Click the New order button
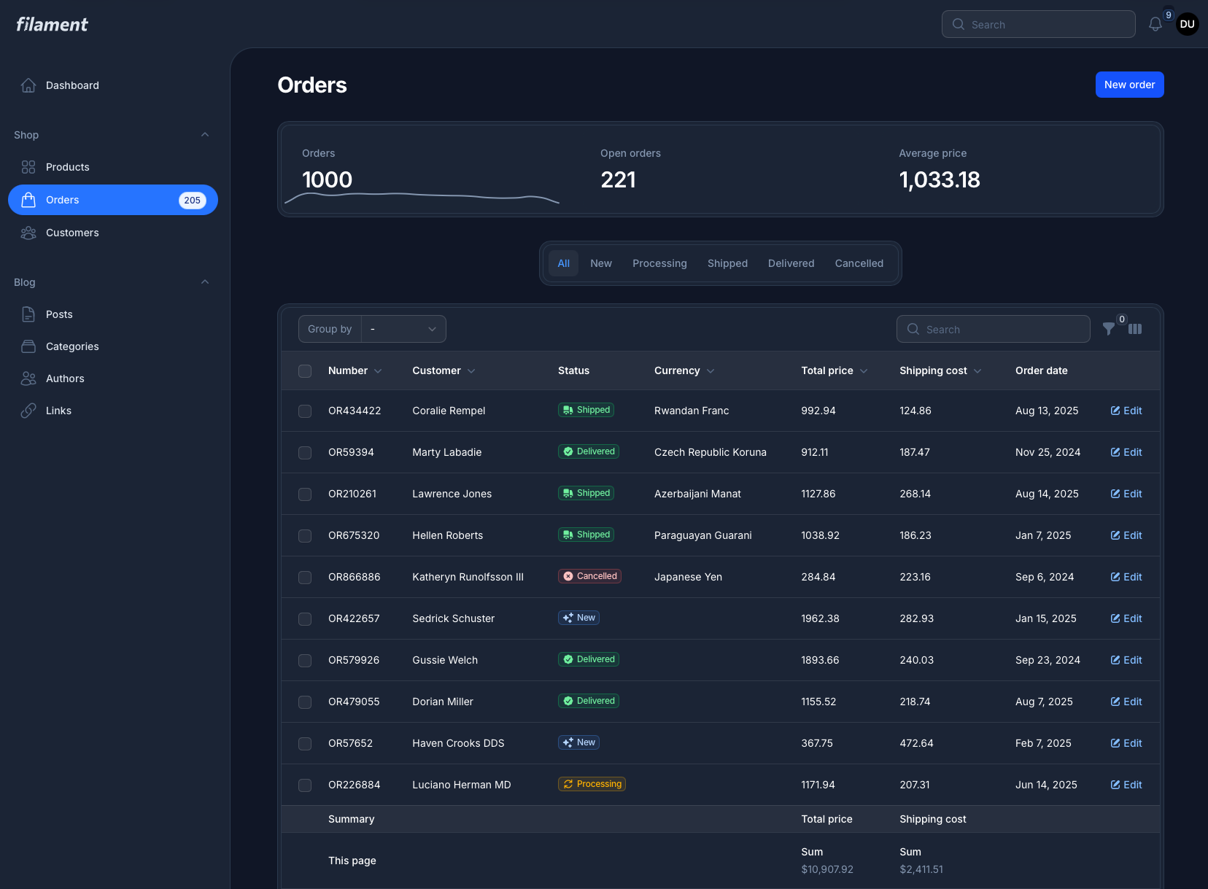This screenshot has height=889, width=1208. [x=1129, y=85]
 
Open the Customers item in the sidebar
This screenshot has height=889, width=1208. [x=72, y=233]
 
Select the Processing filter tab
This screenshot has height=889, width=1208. [x=659, y=263]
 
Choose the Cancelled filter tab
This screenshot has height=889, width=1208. [x=859, y=263]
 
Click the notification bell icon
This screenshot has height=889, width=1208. [x=1155, y=25]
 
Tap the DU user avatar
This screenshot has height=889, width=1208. [x=1187, y=24]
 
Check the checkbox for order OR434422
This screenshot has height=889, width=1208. [x=305, y=411]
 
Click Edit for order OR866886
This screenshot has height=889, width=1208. [x=1126, y=577]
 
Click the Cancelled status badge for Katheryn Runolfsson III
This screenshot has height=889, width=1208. [x=589, y=576]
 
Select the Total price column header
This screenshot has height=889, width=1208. [x=827, y=370]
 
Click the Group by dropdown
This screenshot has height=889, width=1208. [x=403, y=329]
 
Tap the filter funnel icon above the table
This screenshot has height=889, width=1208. [x=1108, y=329]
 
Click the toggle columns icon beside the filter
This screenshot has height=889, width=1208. [x=1135, y=329]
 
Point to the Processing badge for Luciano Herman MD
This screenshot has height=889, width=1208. [x=592, y=784]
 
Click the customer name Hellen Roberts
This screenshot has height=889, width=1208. [x=447, y=535]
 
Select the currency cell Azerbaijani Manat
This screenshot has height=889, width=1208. [x=697, y=494]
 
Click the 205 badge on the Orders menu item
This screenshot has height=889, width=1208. [x=192, y=201]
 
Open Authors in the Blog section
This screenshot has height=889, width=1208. [x=65, y=378]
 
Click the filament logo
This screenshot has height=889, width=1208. [x=52, y=25]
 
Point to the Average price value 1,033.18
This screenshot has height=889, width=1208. [x=939, y=180]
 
